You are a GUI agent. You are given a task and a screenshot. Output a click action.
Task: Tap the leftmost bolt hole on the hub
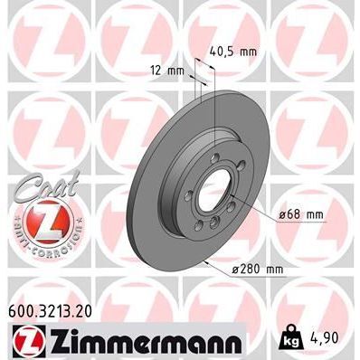tap(187, 204)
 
